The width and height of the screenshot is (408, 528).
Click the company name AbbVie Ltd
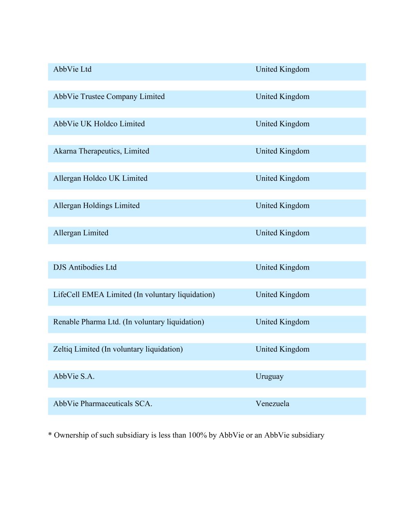tap(72, 69)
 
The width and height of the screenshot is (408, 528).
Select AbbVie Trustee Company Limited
tap(109, 97)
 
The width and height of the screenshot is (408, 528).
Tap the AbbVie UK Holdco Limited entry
tap(99, 124)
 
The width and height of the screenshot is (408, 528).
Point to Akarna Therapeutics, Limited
tap(101, 151)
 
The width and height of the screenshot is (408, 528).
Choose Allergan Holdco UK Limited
tap(100, 178)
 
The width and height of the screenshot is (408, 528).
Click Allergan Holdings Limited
tap(96, 206)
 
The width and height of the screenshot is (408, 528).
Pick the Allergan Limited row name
tap(80, 233)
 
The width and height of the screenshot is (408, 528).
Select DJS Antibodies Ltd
tap(85, 267)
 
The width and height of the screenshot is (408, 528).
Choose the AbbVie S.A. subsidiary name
tap(73, 376)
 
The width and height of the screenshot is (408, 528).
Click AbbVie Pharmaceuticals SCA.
tap(102, 404)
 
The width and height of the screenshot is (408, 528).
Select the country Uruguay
tap(269, 376)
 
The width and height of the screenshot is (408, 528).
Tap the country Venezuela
tap(272, 404)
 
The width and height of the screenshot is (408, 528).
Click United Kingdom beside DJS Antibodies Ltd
tap(282, 267)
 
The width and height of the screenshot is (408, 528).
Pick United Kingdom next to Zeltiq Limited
tap(282, 349)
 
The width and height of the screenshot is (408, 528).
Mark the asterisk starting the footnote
tap(50, 435)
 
